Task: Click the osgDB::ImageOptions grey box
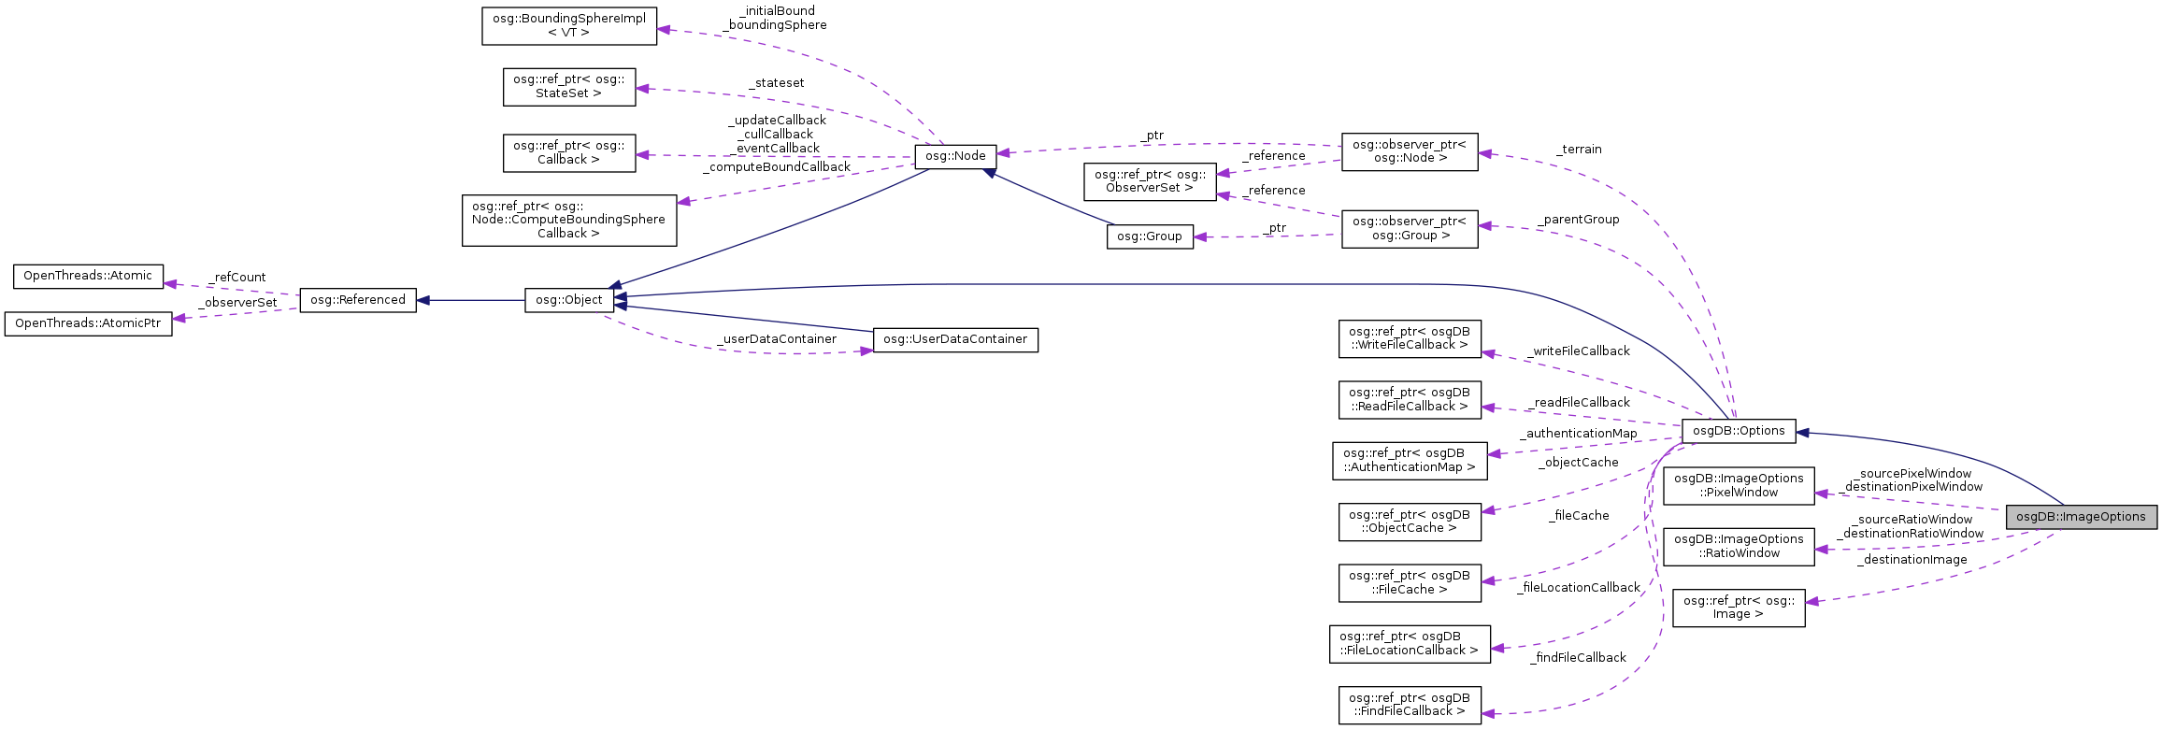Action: (x=2081, y=517)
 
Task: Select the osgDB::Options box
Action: (x=1738, y=431)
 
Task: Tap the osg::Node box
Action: (x=955, y=156)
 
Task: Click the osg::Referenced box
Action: (x=357, y=300)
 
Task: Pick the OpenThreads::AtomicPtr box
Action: (x=88, y=323)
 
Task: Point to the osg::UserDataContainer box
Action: (x=954, y=339)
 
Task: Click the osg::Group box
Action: (x=1149, y=236)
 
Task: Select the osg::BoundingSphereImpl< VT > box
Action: (x=568, y=25)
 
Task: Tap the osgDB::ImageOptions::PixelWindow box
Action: (x=1739, y=485)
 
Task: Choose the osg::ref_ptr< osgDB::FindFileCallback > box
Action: (x=1409, y=705)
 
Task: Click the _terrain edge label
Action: (x=1579, y=150)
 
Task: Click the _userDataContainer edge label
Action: (x=776, y=339)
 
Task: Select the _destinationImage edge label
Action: (x=1911, y=560)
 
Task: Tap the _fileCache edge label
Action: (x=1578, y=516)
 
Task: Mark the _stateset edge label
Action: (x=776, y=83)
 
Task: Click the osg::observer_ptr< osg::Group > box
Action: (x=1409, y=228)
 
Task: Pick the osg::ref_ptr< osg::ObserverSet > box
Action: (x=1149, y=181)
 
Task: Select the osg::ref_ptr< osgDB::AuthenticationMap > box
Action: (x=1409, y=461)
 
